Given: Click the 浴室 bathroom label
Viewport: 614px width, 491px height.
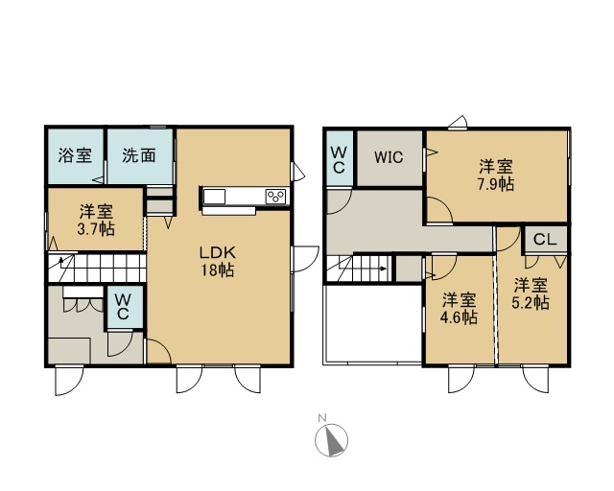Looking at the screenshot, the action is click(75, 155).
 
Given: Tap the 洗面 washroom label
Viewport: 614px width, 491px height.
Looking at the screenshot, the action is click(139, 155).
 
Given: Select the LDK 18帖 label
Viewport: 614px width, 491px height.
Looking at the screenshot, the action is click(218, 261).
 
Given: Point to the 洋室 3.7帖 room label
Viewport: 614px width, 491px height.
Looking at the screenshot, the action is click(96, 220).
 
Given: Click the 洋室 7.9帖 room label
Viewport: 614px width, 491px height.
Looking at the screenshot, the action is click(496, 175).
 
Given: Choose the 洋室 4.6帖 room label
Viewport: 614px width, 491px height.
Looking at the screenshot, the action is click(459, 308).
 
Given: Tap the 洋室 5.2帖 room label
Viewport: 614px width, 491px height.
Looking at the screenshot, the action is click(531, 293).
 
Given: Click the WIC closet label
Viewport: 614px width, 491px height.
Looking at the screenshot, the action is click(389, 157).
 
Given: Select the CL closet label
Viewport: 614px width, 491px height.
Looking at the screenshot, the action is click(545, 239).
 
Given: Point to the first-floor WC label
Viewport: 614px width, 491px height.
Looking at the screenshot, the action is click(123, 307).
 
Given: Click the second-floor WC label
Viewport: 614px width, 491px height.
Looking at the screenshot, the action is click(339, 160).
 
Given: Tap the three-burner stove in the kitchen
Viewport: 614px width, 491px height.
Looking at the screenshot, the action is click(275, 197).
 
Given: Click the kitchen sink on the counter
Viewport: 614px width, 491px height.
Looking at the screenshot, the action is click(214, 197).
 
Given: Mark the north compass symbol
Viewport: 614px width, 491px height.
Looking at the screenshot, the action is click(331, 440).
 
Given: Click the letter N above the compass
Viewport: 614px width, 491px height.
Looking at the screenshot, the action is click(322, 417).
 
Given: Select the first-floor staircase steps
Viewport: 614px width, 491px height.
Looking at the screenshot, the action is click(97, 268).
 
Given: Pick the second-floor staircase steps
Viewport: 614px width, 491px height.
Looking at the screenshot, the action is click(359, 269).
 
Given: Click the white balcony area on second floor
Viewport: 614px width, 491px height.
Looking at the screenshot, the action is click(372, 324).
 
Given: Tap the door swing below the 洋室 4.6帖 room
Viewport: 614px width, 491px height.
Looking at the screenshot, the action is click(460, 379).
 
